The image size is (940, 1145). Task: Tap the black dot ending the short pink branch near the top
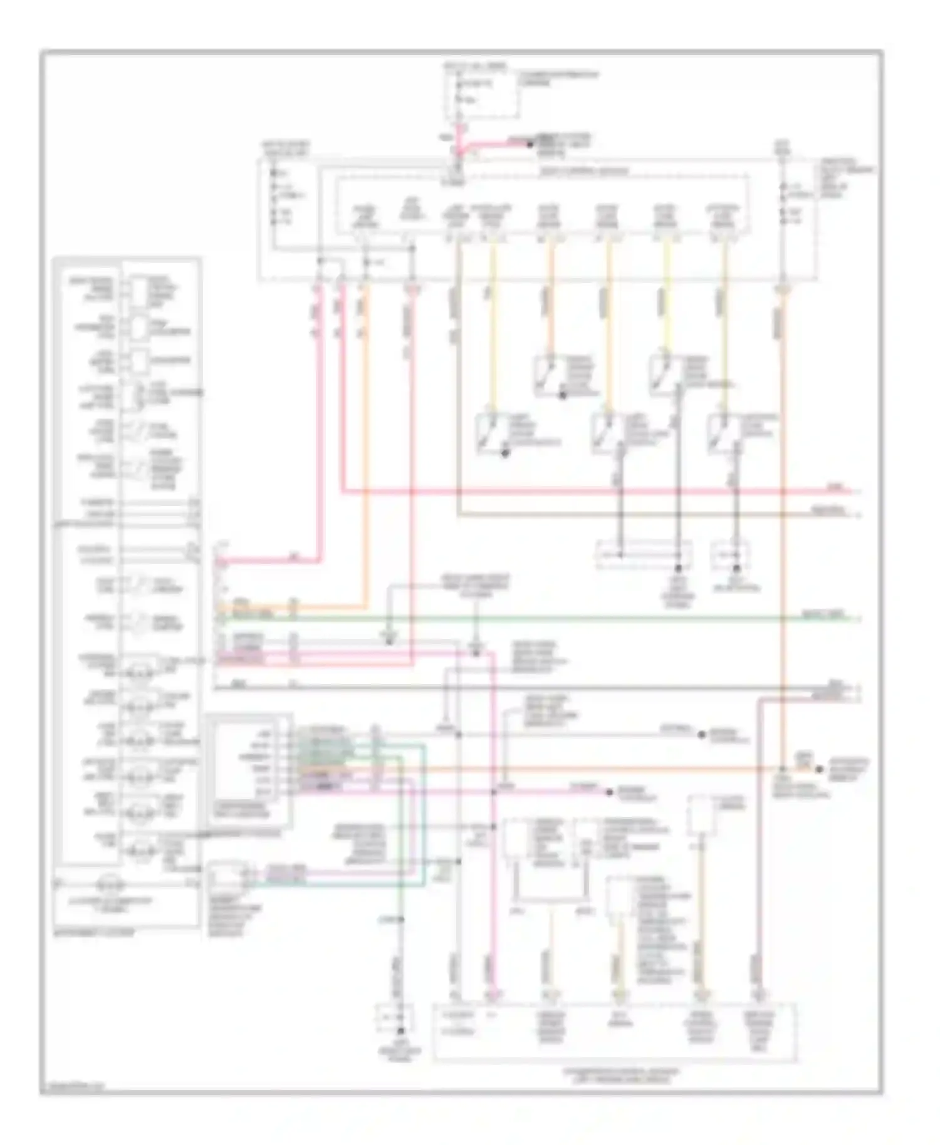pos(530,145)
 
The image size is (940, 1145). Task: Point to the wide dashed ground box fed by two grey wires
pos(644,555)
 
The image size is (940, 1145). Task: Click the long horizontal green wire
pos(564,618)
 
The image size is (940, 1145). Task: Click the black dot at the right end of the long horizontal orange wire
pos(819,768)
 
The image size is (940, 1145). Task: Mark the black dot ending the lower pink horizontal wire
pos(608,792)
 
